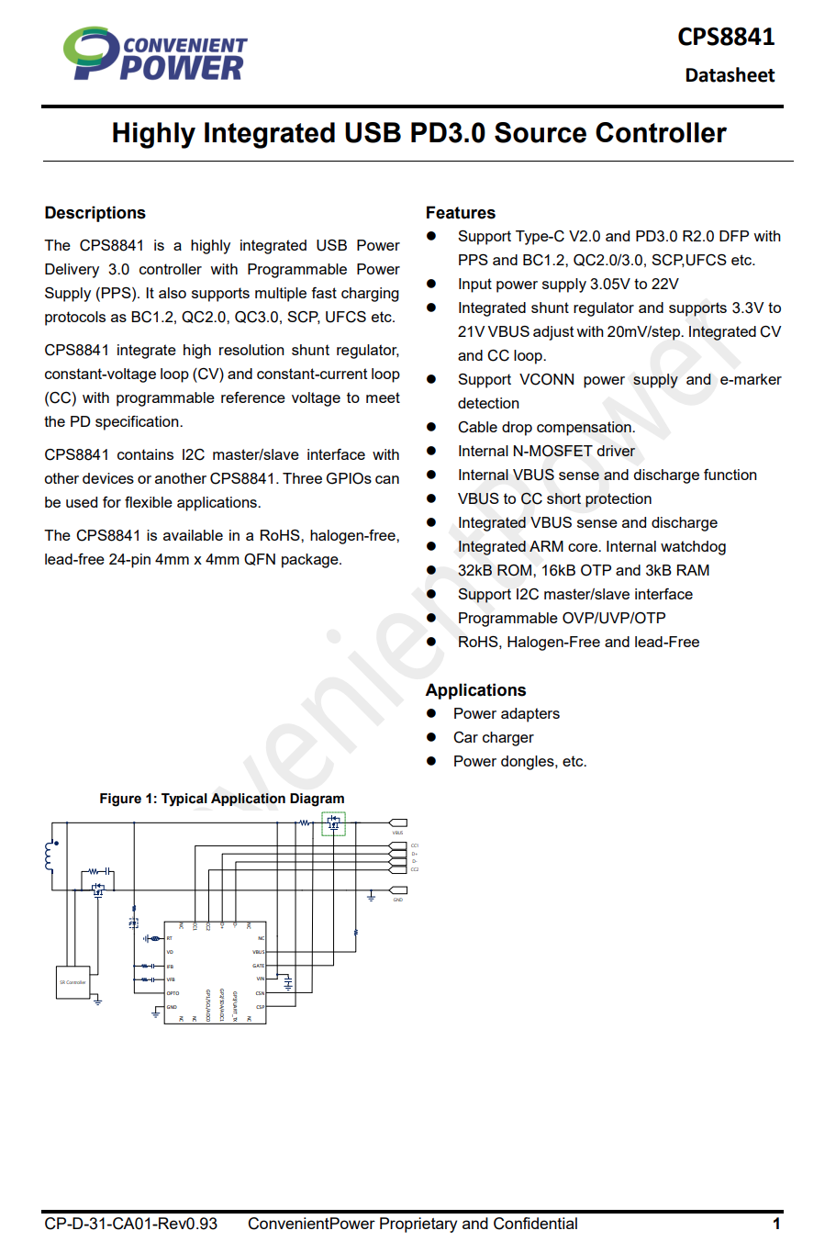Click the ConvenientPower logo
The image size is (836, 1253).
154,54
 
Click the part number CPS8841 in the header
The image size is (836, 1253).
725,37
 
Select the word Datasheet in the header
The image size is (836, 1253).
730,75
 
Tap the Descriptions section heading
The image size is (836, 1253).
95,213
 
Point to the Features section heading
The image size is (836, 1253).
460,213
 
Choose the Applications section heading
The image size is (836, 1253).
475,690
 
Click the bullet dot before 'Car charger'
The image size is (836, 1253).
431,737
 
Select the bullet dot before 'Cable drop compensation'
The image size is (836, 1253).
431,427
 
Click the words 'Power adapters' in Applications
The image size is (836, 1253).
506,713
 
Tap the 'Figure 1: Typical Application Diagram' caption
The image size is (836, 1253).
222,799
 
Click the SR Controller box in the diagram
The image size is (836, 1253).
73,982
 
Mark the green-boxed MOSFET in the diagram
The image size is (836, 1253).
333,823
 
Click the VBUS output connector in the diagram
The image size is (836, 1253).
398,822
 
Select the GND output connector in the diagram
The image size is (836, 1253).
398,890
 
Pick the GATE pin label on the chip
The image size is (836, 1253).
258,966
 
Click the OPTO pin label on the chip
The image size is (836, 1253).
173,993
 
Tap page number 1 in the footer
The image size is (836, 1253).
776,1224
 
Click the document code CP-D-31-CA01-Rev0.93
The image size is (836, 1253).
131,1224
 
